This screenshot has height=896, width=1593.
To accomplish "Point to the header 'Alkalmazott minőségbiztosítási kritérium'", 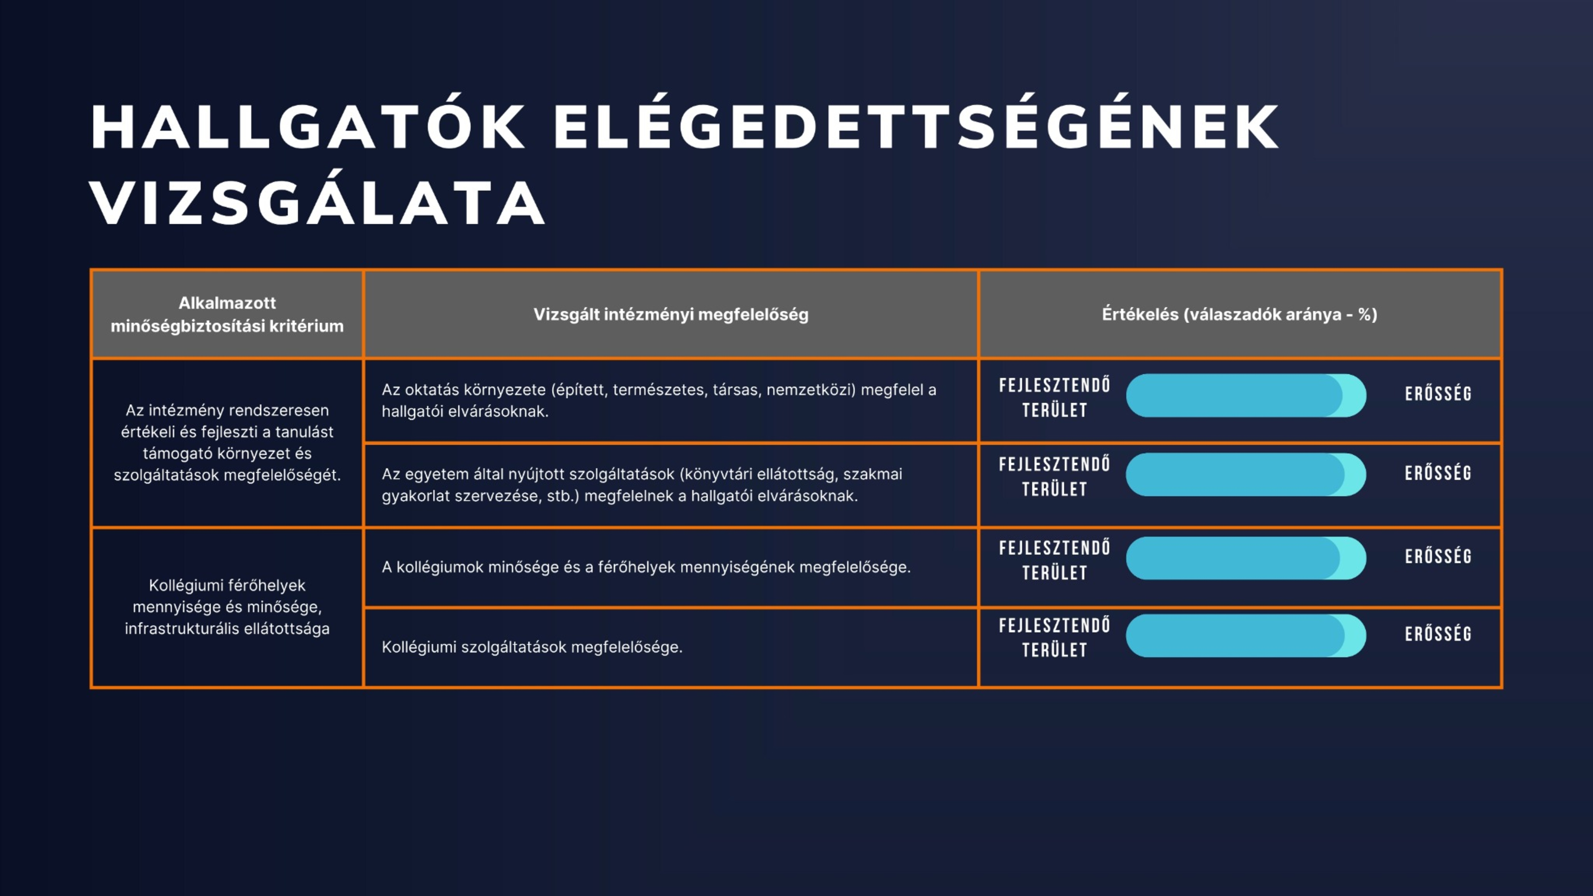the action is click(x=227, y=314).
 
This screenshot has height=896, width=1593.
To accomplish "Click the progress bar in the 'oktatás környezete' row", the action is click(x=1246, y=395).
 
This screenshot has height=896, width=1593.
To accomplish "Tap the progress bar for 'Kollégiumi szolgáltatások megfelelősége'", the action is click(x=1246, y=635).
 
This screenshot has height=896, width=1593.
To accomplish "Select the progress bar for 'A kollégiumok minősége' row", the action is click(x=1246, y=558).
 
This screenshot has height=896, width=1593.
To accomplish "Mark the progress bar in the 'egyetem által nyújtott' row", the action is click(x=1246, y=474).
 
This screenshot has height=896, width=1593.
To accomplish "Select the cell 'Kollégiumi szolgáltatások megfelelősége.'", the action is click(x=532, y=647).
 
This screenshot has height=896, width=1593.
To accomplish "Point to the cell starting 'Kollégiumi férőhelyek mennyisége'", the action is click(x=227, y=607).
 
